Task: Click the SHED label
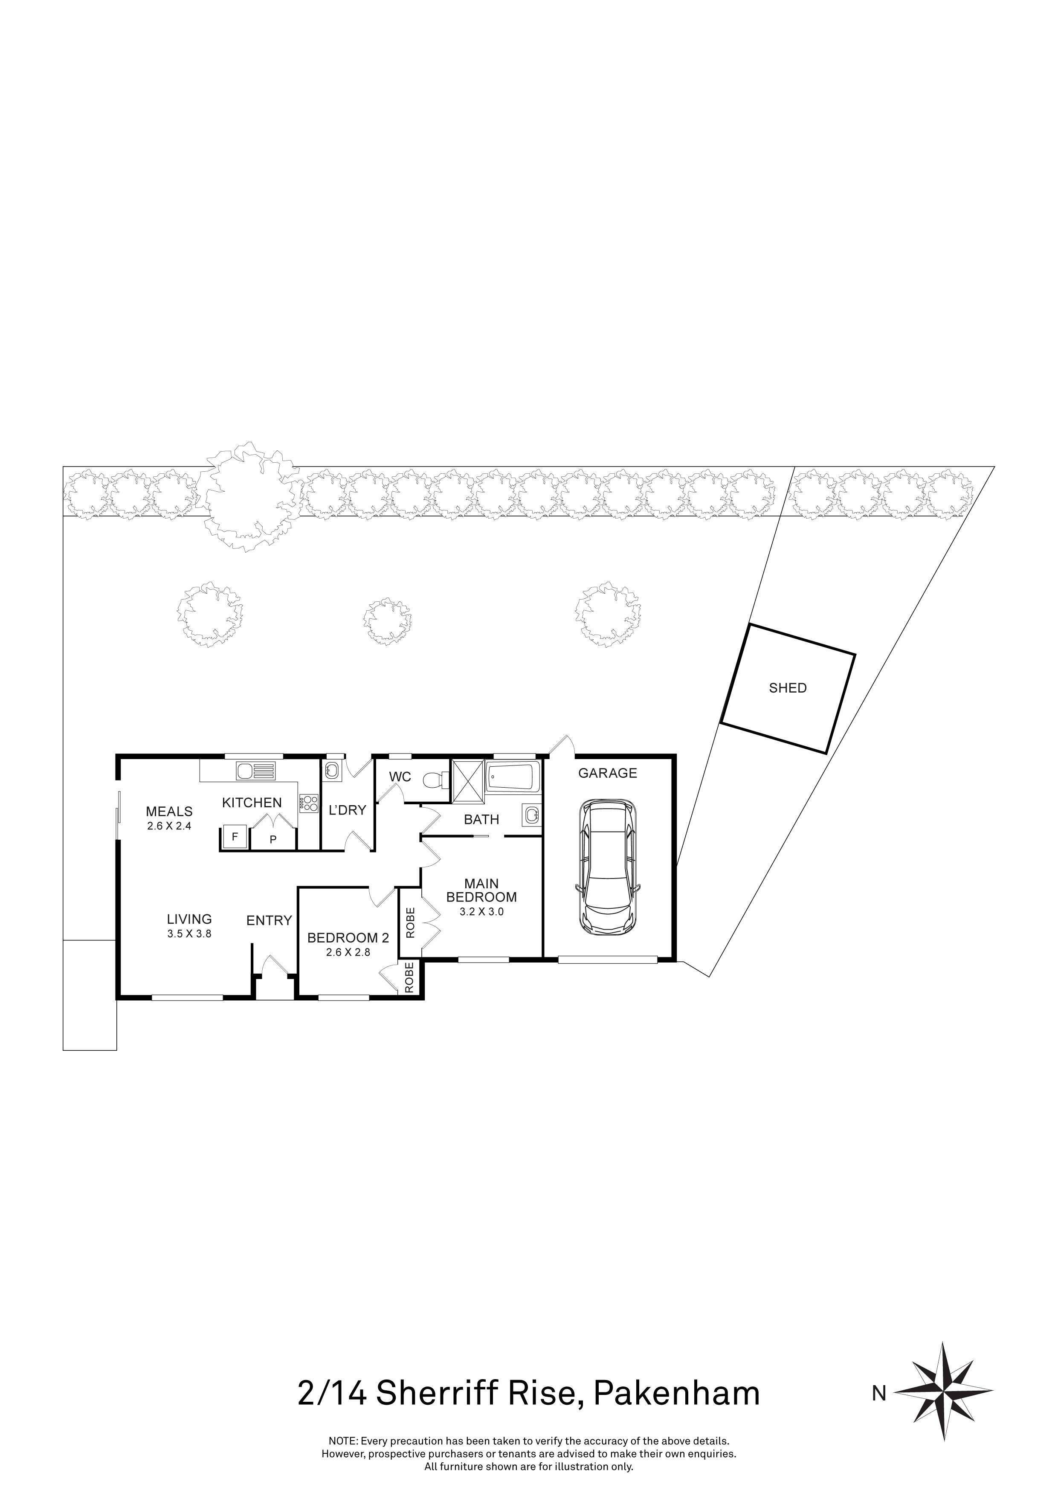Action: (x=788, y=688)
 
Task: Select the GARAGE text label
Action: (x=607, y=774)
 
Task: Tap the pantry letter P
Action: (x=274, y=840)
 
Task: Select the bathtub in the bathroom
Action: (x=513, y=777)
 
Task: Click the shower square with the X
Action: (x=468, y=777)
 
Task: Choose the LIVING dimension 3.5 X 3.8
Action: (x=189, y=933)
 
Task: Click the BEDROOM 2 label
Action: (x=348, y=938)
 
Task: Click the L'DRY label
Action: (x=347, y=811)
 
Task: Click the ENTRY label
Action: (x=268, y=921)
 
